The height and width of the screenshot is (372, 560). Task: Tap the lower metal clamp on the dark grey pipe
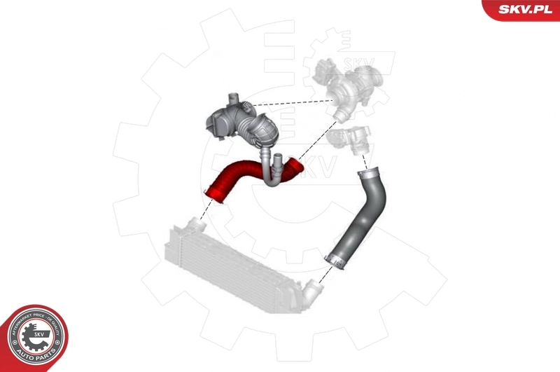(335, 262)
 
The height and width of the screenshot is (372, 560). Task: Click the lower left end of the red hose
(213, 195)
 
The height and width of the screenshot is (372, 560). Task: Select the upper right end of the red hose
(295, 167)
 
